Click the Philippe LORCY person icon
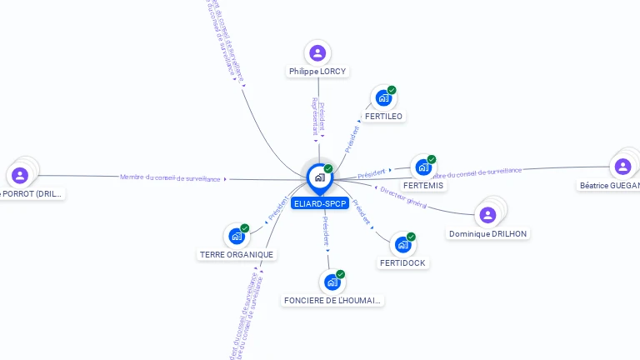click(x=317, y=53)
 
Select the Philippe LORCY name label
click(x=317, y=72)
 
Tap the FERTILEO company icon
click(x=383, y=98)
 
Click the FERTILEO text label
click(x=383, y=116)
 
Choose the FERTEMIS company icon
click(x=423, y=167)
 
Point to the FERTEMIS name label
click(x=423, y=185)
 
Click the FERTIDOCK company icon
click(x=402, y=245)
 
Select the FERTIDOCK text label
click(x=402, y=262)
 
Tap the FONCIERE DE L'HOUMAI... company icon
click(x=332, y=282)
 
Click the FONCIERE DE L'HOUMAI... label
click(x=333, y=300)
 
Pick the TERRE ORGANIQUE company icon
click(x=237, y=237)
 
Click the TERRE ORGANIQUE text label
click(x=237, y=254)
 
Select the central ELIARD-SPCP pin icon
click(x=319, y=177)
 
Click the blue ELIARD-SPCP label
click(x=319, y=203)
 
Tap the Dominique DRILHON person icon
click(x=487, y=215)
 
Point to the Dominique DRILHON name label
click(x=487, y=233)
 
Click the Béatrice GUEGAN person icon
click(x=622, y=167)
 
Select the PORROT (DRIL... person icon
click(x=20, y=175)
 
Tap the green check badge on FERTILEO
click(x=392, y=90)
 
